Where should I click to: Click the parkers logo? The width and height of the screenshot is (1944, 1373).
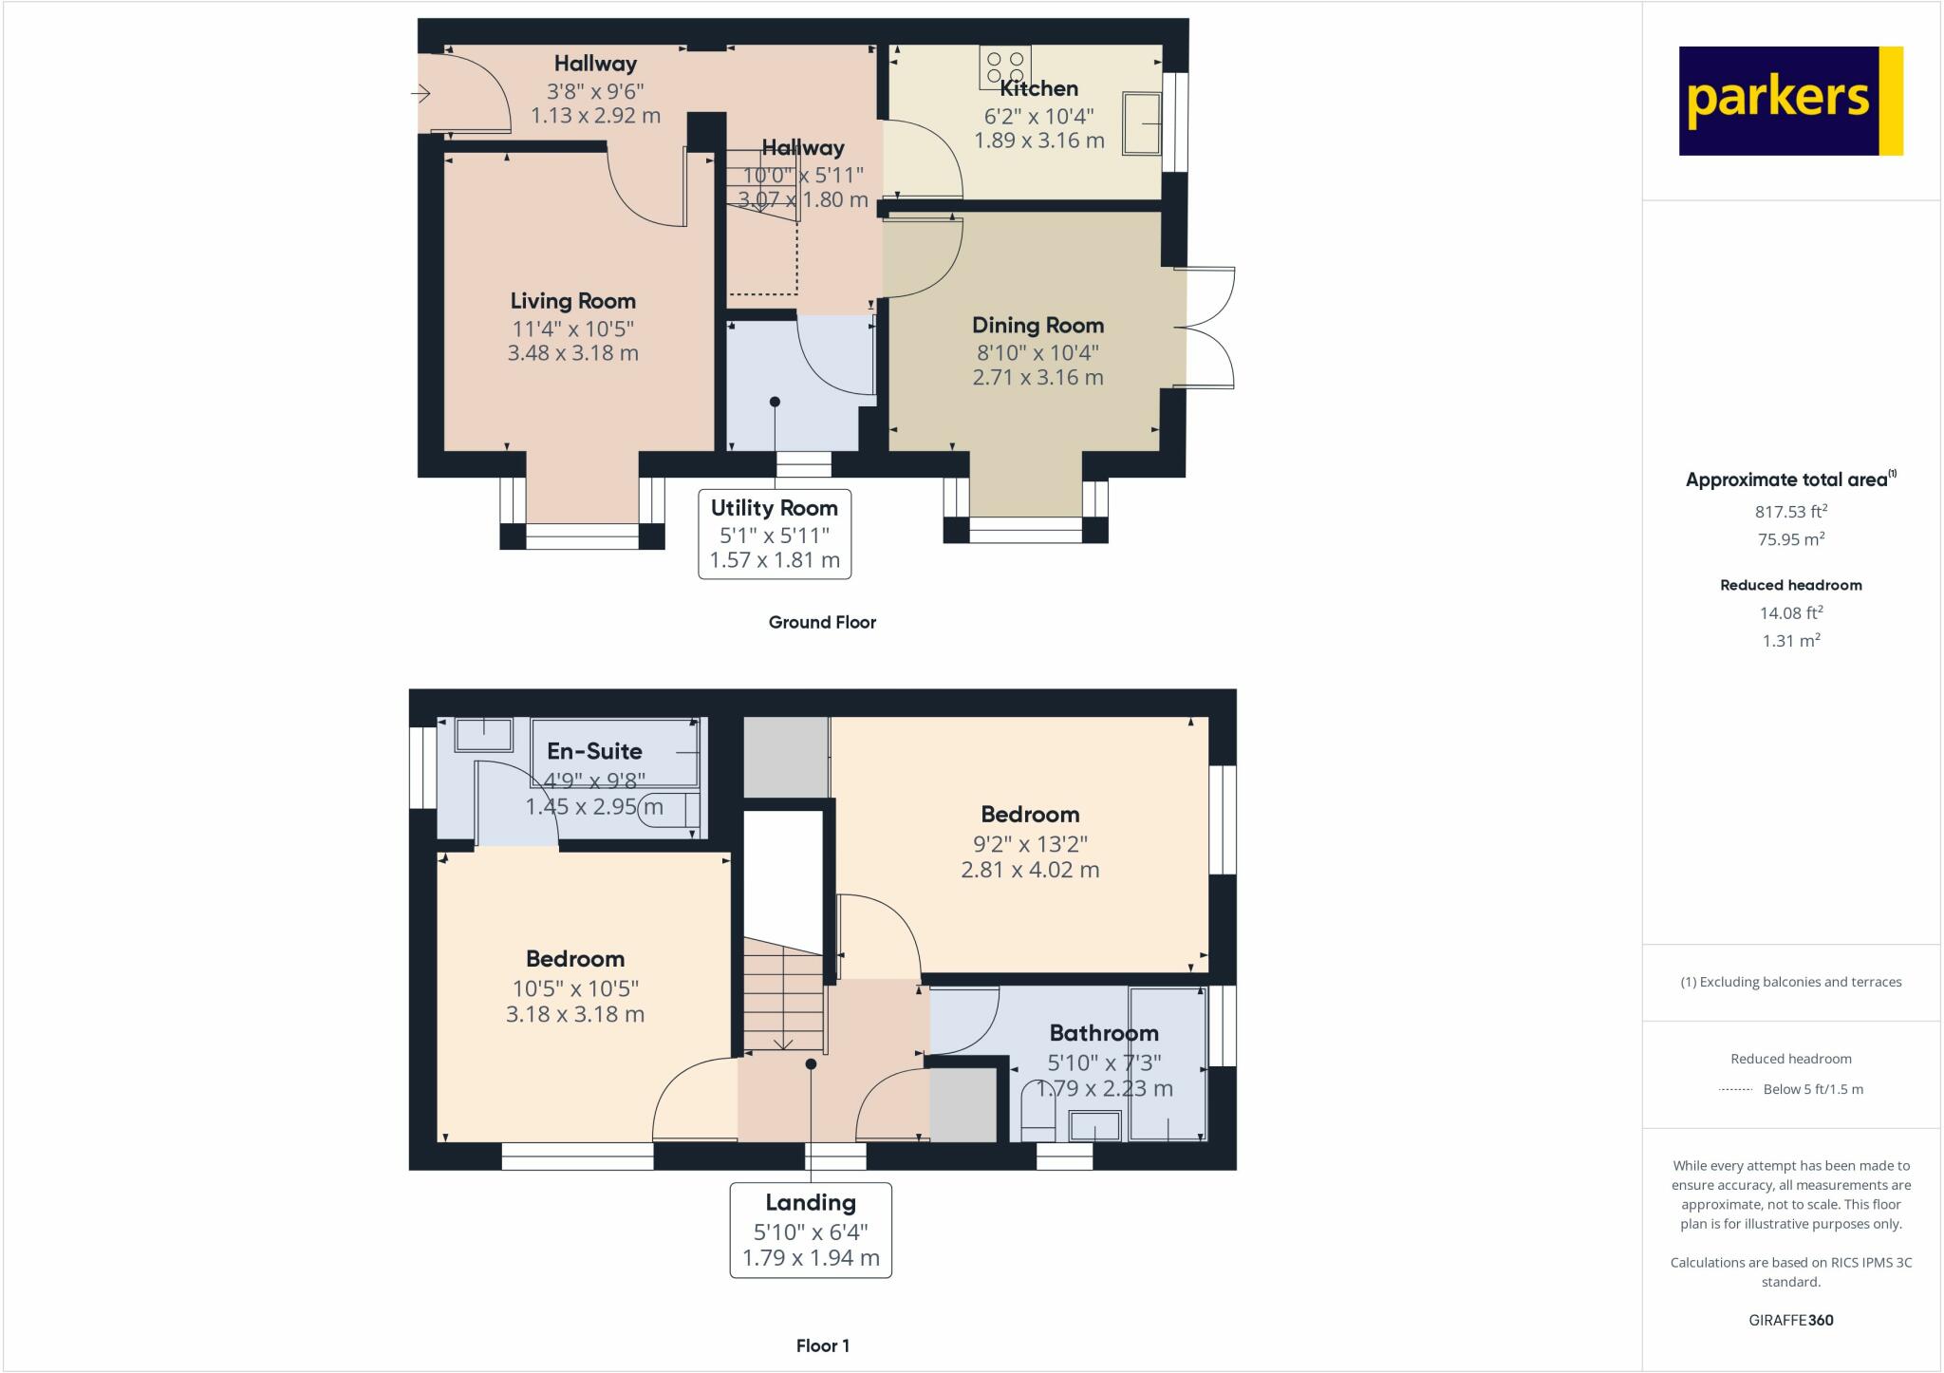click(1790, 101)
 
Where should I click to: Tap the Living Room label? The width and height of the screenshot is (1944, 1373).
click(572, 301)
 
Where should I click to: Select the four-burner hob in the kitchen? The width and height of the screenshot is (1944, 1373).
click(1005, 67)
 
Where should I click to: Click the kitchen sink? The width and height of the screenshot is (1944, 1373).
click(1142, 123)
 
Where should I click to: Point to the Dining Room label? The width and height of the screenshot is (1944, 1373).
click(1037, 325)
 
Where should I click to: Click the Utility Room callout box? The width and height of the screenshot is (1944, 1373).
click(775, 533)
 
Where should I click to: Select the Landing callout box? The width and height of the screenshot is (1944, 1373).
click(811, 1230)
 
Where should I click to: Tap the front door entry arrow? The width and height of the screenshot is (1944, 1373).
click(421, 93)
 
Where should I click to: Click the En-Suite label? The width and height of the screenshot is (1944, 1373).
click(594, 751)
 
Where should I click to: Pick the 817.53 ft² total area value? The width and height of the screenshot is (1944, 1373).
click(1790, 511)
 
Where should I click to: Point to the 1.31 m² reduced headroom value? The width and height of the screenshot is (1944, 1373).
click(1790, 641)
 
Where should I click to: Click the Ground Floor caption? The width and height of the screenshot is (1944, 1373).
click(822, 622)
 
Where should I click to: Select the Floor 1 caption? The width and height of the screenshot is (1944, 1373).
click(822, 1345)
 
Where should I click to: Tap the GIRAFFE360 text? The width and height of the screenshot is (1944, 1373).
click(1790, 1320)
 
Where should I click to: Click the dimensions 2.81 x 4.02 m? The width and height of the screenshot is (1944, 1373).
click(1030, 870)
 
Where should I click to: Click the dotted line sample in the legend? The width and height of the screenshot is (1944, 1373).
click(1735, 1090)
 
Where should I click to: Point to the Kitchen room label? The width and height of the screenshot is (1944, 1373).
click(1038, 88)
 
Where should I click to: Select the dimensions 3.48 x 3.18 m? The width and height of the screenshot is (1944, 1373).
click(572, 353)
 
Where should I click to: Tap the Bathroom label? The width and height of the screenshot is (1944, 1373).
click(1103, 1033)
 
